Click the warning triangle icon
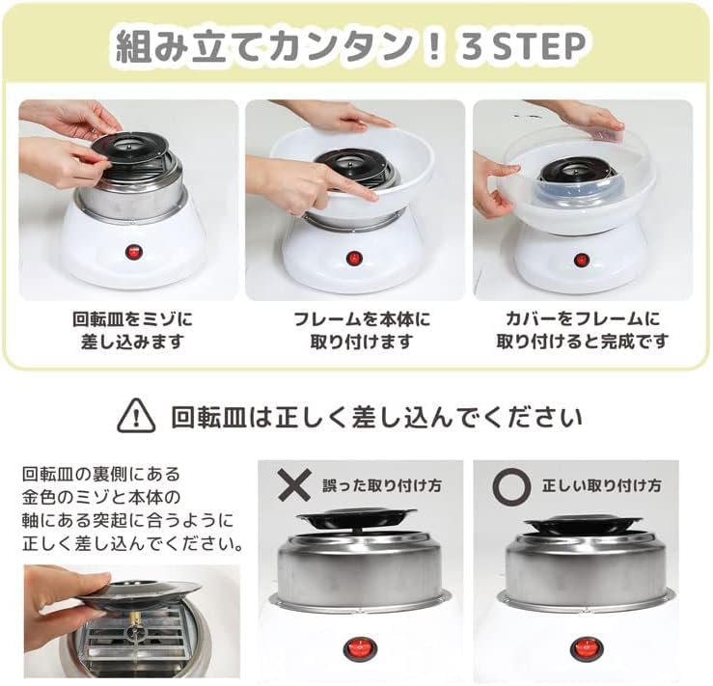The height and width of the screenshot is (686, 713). point(136,415)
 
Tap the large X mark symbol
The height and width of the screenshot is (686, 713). point(294,484)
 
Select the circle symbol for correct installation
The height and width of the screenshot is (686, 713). point(511,486)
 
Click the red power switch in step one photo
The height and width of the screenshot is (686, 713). point(133,252)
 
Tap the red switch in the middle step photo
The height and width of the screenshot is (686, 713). point(352,259)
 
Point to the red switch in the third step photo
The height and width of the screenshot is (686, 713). point(580,261)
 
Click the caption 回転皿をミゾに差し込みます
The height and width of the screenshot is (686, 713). point(132,330)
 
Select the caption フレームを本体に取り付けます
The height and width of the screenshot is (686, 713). point(362,330)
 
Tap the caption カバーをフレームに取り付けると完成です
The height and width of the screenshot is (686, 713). point(582,330)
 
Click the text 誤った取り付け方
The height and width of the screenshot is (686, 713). point(382,485)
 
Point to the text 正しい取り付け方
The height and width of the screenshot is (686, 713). point(602,485)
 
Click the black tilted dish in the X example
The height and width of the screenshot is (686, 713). point(357,519)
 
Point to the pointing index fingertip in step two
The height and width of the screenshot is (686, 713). point(372,196)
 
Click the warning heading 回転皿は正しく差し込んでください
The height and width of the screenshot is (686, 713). point(376,417)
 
